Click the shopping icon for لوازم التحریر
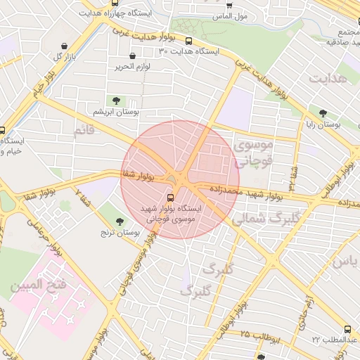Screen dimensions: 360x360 tap(133, 56)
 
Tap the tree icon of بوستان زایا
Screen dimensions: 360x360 tap(323, 112)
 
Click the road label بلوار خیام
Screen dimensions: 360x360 tap(42, 84)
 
